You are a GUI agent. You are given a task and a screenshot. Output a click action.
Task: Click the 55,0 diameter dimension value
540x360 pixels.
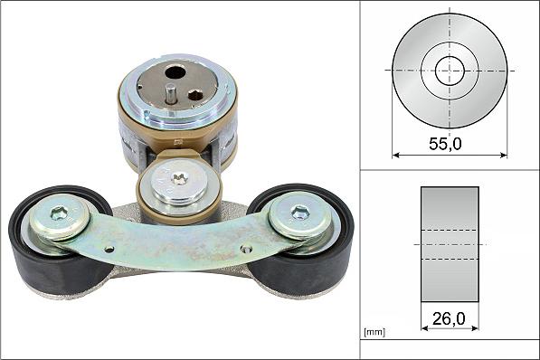pos(445,144)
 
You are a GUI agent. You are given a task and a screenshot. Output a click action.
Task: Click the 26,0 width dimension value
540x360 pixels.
pos(449,318)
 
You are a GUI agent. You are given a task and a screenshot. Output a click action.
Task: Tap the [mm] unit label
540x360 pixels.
pos(374,332)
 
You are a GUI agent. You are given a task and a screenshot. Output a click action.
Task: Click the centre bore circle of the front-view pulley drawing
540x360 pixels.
pos(450,71)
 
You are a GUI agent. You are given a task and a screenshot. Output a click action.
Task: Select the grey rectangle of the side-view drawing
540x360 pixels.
pos(450,244)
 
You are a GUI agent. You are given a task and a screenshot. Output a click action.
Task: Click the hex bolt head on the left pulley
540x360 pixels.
pos(59,213)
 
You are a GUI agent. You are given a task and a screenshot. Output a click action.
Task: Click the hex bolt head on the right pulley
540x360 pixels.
pos(299,212)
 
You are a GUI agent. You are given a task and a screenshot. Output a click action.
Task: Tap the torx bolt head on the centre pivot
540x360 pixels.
pos(179,179)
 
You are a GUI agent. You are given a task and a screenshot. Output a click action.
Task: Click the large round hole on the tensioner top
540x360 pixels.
pos(175,72)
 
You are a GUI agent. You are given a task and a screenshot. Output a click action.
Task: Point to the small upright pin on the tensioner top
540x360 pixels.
pos(169,93)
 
